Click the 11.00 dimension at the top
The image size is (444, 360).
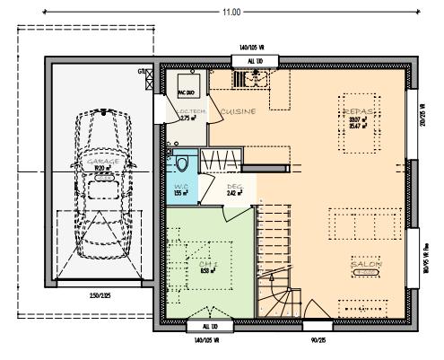point(231,13)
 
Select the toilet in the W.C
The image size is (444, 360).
point(182,163)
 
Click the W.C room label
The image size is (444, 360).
point(179,187)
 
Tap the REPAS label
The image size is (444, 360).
point(356,110)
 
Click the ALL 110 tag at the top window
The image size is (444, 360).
point(255,60)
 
